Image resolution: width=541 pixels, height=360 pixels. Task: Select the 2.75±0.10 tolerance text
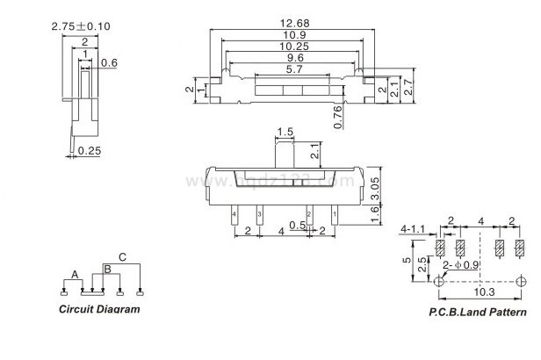[80, 26]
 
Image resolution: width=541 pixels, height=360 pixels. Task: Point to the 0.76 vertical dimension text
[339, 117]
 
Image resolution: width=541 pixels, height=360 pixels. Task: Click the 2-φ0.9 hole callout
[462, 264]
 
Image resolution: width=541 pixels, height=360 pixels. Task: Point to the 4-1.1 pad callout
[411, 228]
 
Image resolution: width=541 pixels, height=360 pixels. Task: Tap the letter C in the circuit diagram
[122, 257]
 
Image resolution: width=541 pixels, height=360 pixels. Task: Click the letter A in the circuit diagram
[76, 274]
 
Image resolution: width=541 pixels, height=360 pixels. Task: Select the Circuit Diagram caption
[98, 309]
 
